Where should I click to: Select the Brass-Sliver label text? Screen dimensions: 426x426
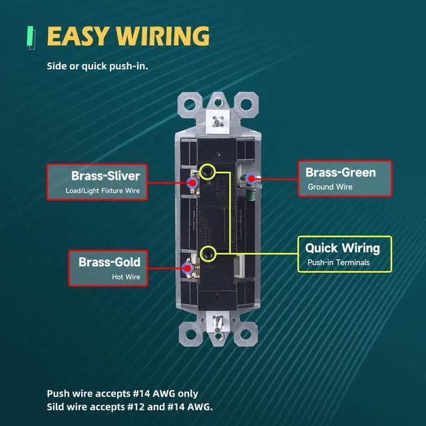point(106,176)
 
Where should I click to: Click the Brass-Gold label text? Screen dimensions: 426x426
point(109,262)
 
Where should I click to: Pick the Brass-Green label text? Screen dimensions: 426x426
point(341,172)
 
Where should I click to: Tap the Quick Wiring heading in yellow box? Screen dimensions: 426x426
point(342,248)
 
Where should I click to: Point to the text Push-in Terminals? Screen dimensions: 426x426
point(339,262)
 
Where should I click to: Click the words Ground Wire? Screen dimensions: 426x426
point(330,187)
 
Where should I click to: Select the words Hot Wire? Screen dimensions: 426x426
point(126,277)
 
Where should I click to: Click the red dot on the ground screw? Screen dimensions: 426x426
point(252,178)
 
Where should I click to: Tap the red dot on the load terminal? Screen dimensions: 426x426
point(192,183)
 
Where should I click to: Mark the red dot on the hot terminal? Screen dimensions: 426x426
point(188,268)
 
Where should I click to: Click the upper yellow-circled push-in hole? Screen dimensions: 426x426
point(207,172)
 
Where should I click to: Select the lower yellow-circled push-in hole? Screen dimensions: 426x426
point(208,254)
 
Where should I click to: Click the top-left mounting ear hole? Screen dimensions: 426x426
point(190,105)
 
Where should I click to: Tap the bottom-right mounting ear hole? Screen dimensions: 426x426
point(246,334)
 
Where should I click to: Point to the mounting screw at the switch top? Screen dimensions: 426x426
point(218,122)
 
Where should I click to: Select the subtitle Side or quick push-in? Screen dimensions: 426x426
point(98,66)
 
